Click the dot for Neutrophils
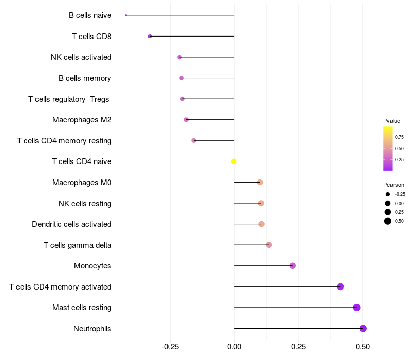(x=363, y=328)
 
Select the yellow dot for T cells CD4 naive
(x=234, y=161)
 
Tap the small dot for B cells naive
(x=126, y=15)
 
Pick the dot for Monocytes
(x=293, y=266)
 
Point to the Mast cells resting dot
(x=357, y=308)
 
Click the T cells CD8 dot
(x=150, y=36)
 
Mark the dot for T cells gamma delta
(x=269, y=245)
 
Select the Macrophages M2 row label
(x=82, y=120)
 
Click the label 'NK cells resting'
(x=85, y=203)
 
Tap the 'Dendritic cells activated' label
(x=71, y=224)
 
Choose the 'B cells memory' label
(x=85, y=78)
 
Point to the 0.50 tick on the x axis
(x=363, y=347)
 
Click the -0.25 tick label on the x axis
(x=170, y=347)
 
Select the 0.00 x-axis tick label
(x=234, y=347)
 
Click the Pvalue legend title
(x=391, y=121)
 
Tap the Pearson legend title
(x=394, y=185)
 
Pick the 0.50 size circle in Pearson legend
(x=388, y=221)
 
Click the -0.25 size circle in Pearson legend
(x=388, y=194)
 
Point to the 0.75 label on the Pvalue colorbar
(x=399, y=137)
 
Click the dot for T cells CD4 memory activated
(x=340, y=286)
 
